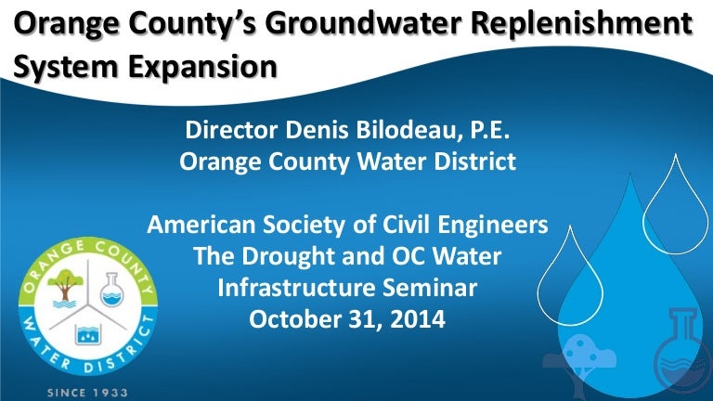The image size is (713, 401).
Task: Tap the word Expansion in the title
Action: (x=202, y=67)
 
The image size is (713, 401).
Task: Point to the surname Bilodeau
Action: (x=407, y=130)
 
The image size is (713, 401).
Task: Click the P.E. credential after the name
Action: (x=489, y=130)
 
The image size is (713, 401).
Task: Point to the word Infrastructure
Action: (x=295, y=288)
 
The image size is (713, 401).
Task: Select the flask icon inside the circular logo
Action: (x=111, y=290)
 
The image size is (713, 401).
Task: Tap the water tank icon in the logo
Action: (x=88, y=334)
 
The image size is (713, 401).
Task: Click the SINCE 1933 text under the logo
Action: (x=88, y=393)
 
